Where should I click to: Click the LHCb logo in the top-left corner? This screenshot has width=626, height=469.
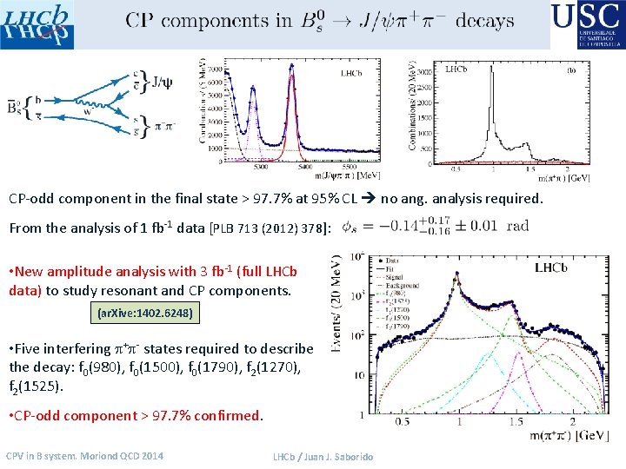tap(37, 24)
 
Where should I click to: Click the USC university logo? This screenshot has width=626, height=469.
tap(586, 24)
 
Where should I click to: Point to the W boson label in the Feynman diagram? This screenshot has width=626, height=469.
tap(88, 110)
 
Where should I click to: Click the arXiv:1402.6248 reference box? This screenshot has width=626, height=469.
tap(144, 311)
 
